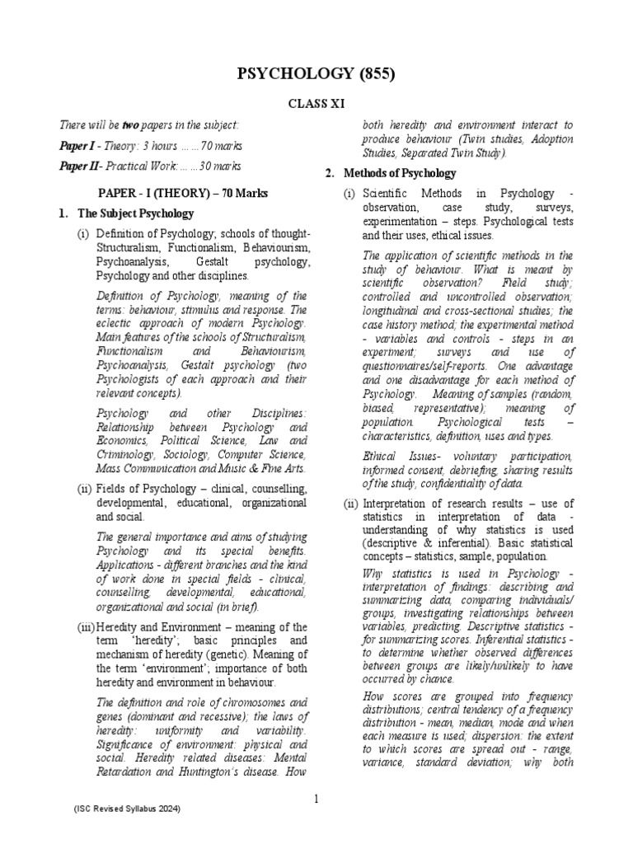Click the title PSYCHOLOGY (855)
[x=316, y=75]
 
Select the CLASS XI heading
[x=316, y=105]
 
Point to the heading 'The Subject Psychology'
[x=135, y=213]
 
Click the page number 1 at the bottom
[x=316, y=799]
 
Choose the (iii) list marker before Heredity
[x=86, y=628]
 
